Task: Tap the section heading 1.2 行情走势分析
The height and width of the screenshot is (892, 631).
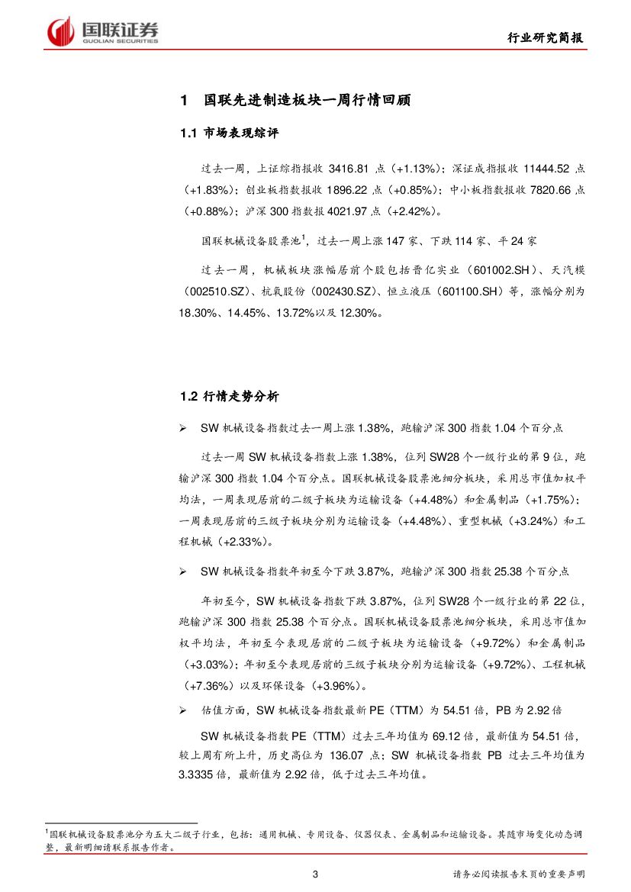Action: (x=230, y=396)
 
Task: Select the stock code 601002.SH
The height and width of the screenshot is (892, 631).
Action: (x=493, y=270)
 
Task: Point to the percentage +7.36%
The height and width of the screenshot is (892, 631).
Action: (x=213, y=684)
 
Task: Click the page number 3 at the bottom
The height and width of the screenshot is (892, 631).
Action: (x=314, y=874)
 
